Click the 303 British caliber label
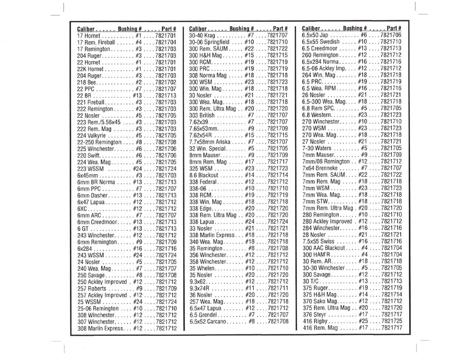click(202, 115)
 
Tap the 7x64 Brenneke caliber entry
click(320, 168)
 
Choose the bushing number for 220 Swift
click(140, 155)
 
